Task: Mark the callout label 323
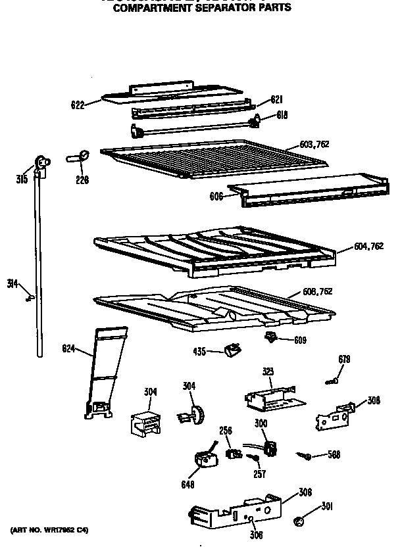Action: pyautogui.click(x=268, y=372)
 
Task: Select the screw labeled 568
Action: pyautogui.click(x=305, y=455)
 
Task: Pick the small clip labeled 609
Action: pyautogui.click(x=270, y=337)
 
